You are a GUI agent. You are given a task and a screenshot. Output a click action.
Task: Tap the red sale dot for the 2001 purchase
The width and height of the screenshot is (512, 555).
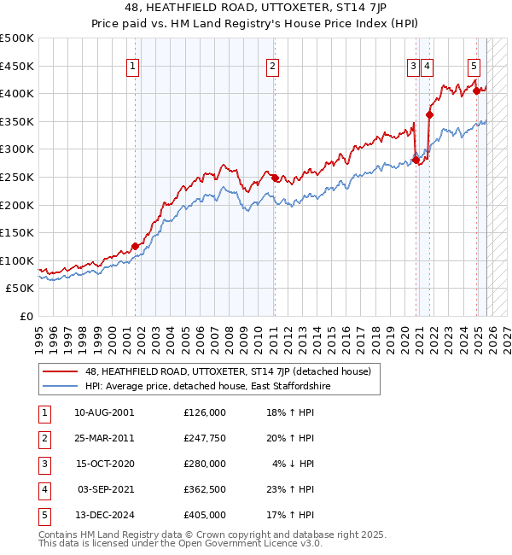[135, 246]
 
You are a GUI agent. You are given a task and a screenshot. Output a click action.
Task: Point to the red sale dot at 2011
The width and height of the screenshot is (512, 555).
[275, 178]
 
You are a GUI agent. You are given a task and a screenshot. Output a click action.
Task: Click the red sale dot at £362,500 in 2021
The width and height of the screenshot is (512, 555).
[429, 114]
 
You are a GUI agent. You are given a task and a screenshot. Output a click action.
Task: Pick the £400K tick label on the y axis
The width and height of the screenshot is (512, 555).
[17, 94]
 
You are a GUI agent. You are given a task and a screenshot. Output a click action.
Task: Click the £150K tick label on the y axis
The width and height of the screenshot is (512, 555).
[17, 232]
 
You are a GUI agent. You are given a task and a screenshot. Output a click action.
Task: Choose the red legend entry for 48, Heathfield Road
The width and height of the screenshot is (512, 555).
[227, 371]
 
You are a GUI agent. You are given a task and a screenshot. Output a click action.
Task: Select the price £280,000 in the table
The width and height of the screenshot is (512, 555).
[204, 464]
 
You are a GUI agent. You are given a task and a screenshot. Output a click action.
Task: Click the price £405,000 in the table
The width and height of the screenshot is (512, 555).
[204, 515]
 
